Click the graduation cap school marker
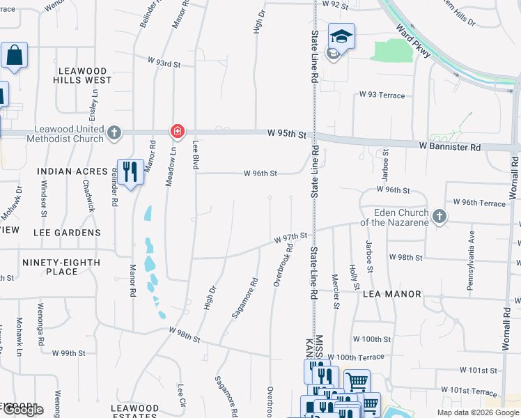point(342,36)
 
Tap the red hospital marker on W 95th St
point(178,131)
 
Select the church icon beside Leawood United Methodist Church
point(114,132)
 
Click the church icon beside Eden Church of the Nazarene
point(439,217)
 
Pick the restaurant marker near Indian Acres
point(130,171)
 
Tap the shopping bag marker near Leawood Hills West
point(14,56)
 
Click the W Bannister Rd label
point(450,148)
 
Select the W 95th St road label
point(286,134)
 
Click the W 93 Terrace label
point(382,95)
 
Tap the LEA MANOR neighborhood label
point(392,294)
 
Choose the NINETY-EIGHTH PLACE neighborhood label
point(61,267)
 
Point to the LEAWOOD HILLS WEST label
point(82,75)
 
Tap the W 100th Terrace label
point(356,357)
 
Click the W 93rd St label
point(164,63)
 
